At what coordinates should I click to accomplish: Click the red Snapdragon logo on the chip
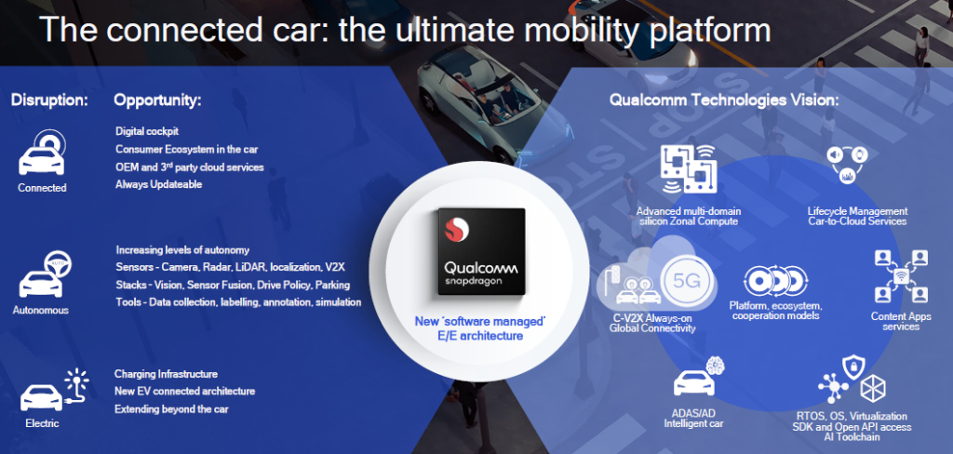457,229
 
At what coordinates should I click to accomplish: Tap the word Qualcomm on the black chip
481,268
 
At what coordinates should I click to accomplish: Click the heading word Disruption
49,100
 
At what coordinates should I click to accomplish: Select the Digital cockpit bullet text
147,131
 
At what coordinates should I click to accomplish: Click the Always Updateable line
158,184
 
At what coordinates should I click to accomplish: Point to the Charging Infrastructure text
166,374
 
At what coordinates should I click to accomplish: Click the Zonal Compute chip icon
689,169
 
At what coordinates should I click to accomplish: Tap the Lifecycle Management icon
847,165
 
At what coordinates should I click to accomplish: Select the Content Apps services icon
901,276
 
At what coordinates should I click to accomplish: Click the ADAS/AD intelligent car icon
700,377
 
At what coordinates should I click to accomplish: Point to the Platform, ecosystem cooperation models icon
775,281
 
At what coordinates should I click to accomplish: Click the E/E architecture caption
480,335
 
